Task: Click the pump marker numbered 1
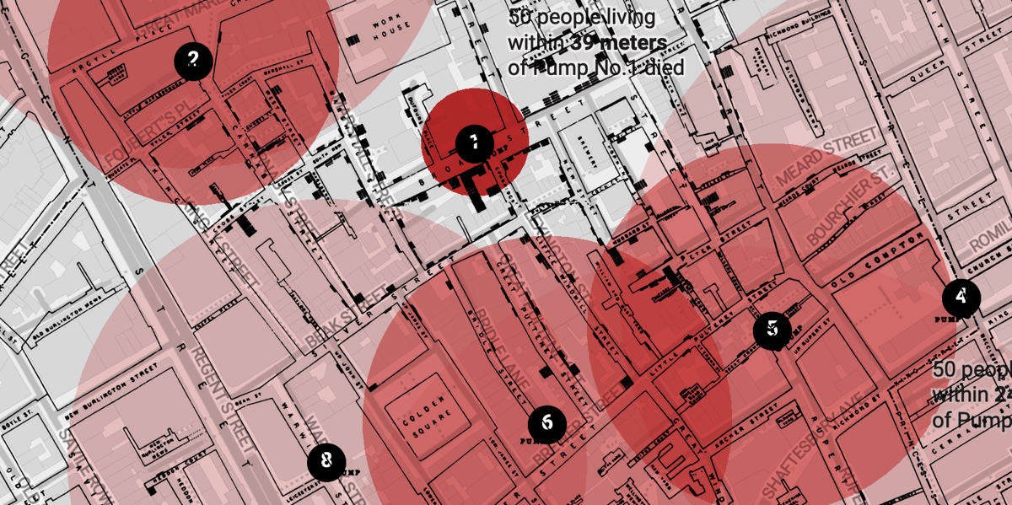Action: [474, 142]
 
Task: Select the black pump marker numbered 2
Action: [194, 60]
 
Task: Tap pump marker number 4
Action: [961, 297]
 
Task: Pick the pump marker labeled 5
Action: [772, 330]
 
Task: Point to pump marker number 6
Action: [546, 422]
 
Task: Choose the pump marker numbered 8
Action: [326, 461]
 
